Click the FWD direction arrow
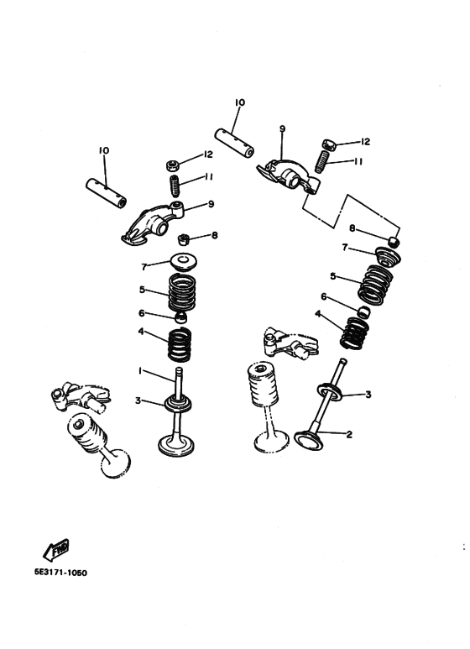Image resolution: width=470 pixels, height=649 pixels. click(x=56, y=550)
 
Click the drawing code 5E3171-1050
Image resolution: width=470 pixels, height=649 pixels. click(x=60, y=573)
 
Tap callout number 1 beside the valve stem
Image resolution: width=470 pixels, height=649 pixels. click(x=140, y=371)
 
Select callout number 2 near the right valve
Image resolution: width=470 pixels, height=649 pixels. click(x=349, y=434)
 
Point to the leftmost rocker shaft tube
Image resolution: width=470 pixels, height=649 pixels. click(x=107, y=193)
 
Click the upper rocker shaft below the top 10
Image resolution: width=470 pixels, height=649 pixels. click(x=234, y=143)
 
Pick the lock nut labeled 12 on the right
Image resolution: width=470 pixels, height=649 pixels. click(x=328, y=144)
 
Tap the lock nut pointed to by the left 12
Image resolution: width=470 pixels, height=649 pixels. click(x=173, y=165)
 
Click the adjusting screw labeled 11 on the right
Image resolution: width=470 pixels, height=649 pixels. click(x=322, y=161)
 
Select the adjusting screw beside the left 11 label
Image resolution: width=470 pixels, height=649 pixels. click(x=175, y=186)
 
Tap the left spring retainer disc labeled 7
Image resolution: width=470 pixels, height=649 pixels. click(x=184, y=262)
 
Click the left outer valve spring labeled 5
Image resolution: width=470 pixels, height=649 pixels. click(x=182, y=294)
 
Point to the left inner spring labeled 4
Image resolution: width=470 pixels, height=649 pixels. click(x=180, y=344)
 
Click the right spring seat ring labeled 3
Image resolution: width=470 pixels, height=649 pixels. click(x=329, y=392)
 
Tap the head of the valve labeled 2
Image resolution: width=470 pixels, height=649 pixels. click(x=308, y=441)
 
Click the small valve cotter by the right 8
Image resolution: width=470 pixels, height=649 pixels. click(x=394, y=241)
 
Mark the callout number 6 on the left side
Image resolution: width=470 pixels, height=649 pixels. click(x=142, y=313)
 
